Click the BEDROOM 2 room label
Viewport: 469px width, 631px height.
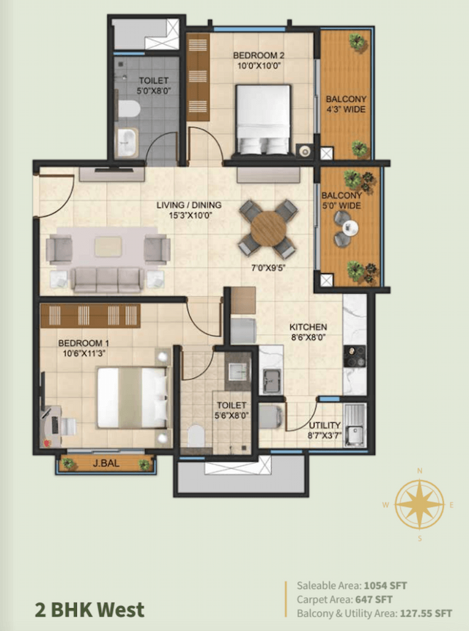click(257, 56)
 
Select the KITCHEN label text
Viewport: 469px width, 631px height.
click(308, 327)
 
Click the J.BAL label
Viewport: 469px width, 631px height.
click(106, 463)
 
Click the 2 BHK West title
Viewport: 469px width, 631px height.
click(89, 609)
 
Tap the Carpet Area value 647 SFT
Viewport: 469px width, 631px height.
click(372, 599)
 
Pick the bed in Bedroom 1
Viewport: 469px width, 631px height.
click(133, 396)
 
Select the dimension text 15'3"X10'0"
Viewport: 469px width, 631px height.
click(189, 216)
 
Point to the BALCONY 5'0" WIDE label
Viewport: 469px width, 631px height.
click(341, 200)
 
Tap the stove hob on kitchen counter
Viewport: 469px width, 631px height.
click(355, 355)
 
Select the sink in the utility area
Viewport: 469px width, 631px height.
click(355, 424)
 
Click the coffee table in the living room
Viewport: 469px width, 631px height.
click(108, 246)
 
